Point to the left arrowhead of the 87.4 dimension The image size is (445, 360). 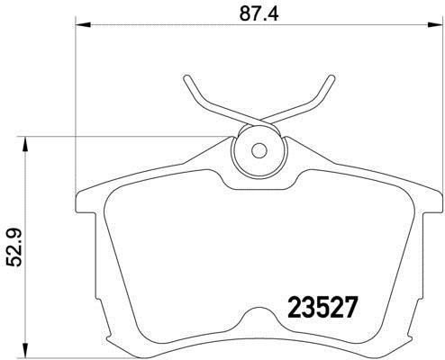click(78, 25)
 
